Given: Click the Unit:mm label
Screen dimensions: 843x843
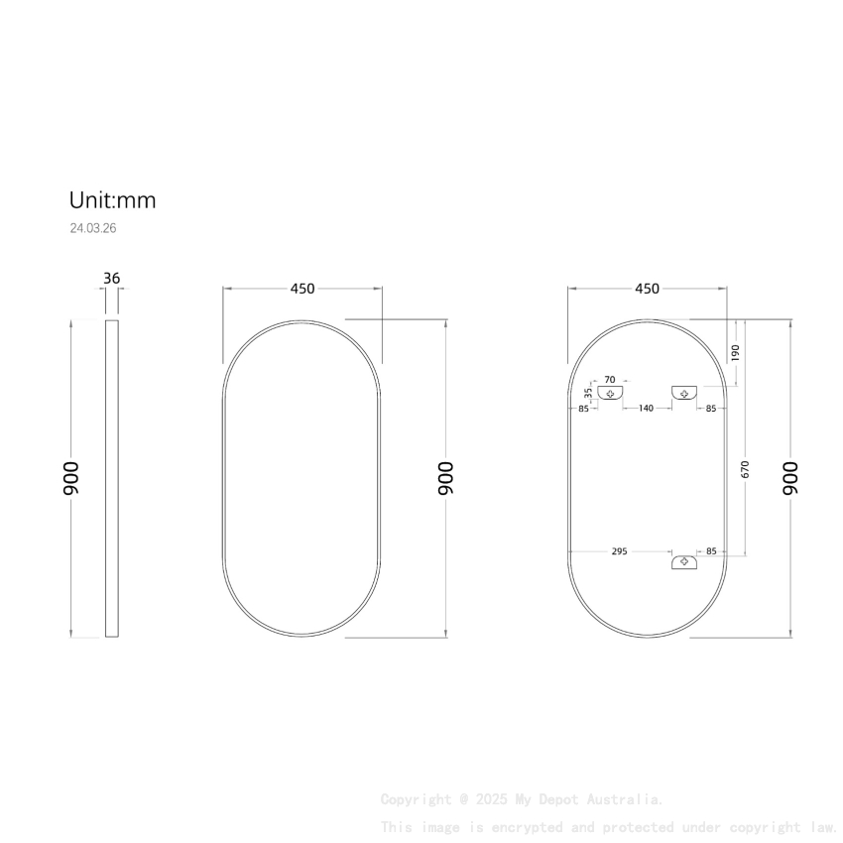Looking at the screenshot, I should tap(112, 200).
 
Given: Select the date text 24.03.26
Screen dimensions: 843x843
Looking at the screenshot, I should tap(93, 228).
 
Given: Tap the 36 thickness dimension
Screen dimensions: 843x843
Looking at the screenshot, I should tap(111, 279).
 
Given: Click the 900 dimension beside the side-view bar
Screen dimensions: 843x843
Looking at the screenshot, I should tap(72, 478).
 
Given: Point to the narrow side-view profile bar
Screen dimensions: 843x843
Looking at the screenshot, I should tap(112, 478).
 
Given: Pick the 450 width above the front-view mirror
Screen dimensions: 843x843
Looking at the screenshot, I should tap(302, 289).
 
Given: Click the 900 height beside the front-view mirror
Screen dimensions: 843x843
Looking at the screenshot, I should tap(446, 478).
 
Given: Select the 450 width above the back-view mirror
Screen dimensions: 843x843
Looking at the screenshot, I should tap(647, 289).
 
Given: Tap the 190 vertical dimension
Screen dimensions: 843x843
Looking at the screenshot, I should tap(735, 353).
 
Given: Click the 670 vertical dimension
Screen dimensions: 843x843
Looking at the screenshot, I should tap(745, 469).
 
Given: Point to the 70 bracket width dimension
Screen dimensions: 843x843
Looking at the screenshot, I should tap(610, 379).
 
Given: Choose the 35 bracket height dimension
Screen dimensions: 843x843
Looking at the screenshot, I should tap(588, 394).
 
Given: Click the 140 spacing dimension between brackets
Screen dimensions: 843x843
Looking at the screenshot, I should tap(646, 409).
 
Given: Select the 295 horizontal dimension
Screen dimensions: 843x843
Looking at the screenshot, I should tap(618, 551).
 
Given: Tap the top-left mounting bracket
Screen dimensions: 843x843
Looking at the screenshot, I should tap(611, 393).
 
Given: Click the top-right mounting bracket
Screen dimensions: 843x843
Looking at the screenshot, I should tap(684, 394).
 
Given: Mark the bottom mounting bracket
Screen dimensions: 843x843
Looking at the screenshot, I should tap(684, 562).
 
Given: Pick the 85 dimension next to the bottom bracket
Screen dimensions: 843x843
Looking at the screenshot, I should tap(711, 551).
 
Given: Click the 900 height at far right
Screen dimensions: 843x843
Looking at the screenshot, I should tap(790, 478).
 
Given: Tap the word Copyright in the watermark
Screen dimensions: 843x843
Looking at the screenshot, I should tap(416, 799).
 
